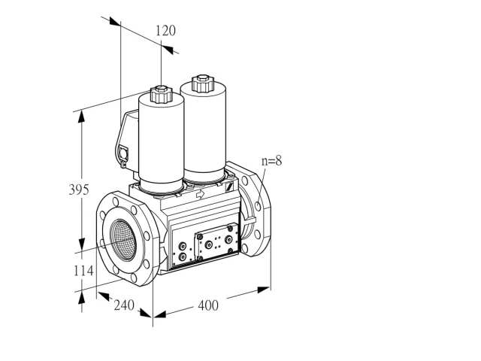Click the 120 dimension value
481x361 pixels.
pyautogui.click(x=165, y=31)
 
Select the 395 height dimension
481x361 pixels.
pyautogui.click(x=79, y=190)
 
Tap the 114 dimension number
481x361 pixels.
pyautogui.click(x=83, y=271)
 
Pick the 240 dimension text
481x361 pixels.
pyautogui.click(x=124, y=305)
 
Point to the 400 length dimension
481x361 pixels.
pyautogui.click(x=208, y=305)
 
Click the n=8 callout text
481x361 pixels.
pyautogui.click(x=271, y=161)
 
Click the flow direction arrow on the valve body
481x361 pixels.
pyautogui.click(x=200, y=194)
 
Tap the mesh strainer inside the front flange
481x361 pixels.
pyautogui.click(x=123, y=240)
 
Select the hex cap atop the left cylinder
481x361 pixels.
pyautogui.click(x=161, y=94)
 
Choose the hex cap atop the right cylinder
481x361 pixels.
pyautogui.click(x=202, y=83)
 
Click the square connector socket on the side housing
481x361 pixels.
pyautogui.click(x=123, y=153)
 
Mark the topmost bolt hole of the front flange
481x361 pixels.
pyautogui.click(x=116, y=202)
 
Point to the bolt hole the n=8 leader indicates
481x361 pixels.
pyautogui.click(x=258, y=206)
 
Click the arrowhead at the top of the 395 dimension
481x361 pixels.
pyautogui.click(x=81, y=117)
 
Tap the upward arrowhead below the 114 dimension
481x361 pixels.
pyautogui.click(x=81, y=298)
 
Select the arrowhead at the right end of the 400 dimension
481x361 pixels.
pyautogui.click(x=264, y=289)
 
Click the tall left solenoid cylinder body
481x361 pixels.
pyautogui.click(x=162, y=142)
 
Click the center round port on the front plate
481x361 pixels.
pyautogui.click(x=209, y=244)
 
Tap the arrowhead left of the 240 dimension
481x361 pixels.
pyautogui.click(x=104, y=296)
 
